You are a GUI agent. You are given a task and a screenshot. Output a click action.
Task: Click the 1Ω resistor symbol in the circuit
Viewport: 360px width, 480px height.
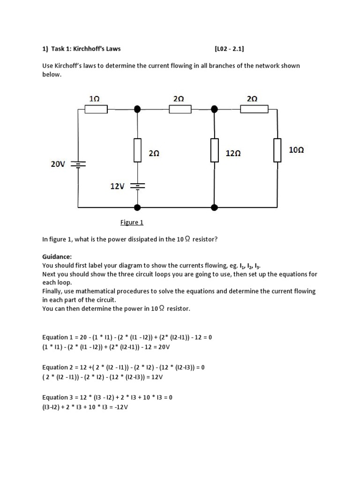click(96, 109)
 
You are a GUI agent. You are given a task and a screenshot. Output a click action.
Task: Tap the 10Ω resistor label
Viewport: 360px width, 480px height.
click(296, 150)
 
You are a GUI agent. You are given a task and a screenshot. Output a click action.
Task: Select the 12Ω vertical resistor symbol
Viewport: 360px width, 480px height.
click(214, 150)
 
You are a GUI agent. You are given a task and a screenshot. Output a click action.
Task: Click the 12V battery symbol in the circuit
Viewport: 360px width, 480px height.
click(137, 186)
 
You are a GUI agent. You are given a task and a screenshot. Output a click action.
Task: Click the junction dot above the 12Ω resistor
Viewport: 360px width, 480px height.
click(214, 109)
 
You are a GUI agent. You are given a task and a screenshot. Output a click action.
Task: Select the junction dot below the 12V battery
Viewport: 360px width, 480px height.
click(137, 207)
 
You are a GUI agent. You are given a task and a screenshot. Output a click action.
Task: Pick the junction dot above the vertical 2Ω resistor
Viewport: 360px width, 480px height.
click(137, 109)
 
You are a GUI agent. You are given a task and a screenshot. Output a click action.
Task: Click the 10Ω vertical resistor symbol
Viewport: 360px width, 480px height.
click(277, 150)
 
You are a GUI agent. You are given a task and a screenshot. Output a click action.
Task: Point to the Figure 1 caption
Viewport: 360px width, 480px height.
click(132, 222)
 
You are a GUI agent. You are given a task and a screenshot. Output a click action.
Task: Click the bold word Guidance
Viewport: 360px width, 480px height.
click(57, 257)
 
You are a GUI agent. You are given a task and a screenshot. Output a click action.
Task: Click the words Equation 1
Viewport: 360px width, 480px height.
click(58, 337)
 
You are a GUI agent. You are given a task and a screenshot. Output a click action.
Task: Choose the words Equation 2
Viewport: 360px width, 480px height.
click(58, 367)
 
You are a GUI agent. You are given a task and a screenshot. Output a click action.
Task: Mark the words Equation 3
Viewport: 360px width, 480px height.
click(58, 397)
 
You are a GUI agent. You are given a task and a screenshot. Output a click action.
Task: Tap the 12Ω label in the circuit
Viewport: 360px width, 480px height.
click(233, 153)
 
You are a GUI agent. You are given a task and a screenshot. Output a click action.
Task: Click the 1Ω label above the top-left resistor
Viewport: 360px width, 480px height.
click(94, 98)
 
